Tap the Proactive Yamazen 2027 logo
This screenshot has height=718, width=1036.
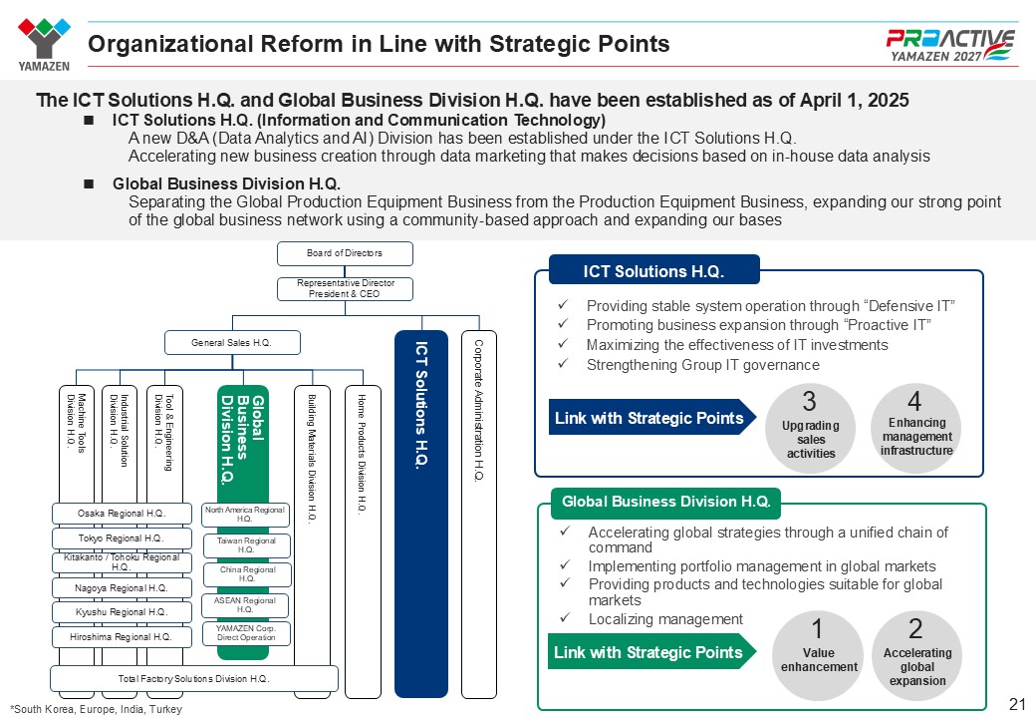950,44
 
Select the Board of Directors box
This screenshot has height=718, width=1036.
344,253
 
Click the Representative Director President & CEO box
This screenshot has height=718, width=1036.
344,288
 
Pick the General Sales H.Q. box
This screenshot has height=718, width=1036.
232,343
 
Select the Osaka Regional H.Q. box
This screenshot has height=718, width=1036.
122,514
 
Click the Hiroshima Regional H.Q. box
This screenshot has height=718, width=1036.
122,636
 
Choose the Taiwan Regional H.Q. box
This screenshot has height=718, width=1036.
247,545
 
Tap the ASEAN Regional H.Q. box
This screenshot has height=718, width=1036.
247,605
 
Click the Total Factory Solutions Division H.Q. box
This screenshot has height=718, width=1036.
194,679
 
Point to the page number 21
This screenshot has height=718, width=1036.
1017,704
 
